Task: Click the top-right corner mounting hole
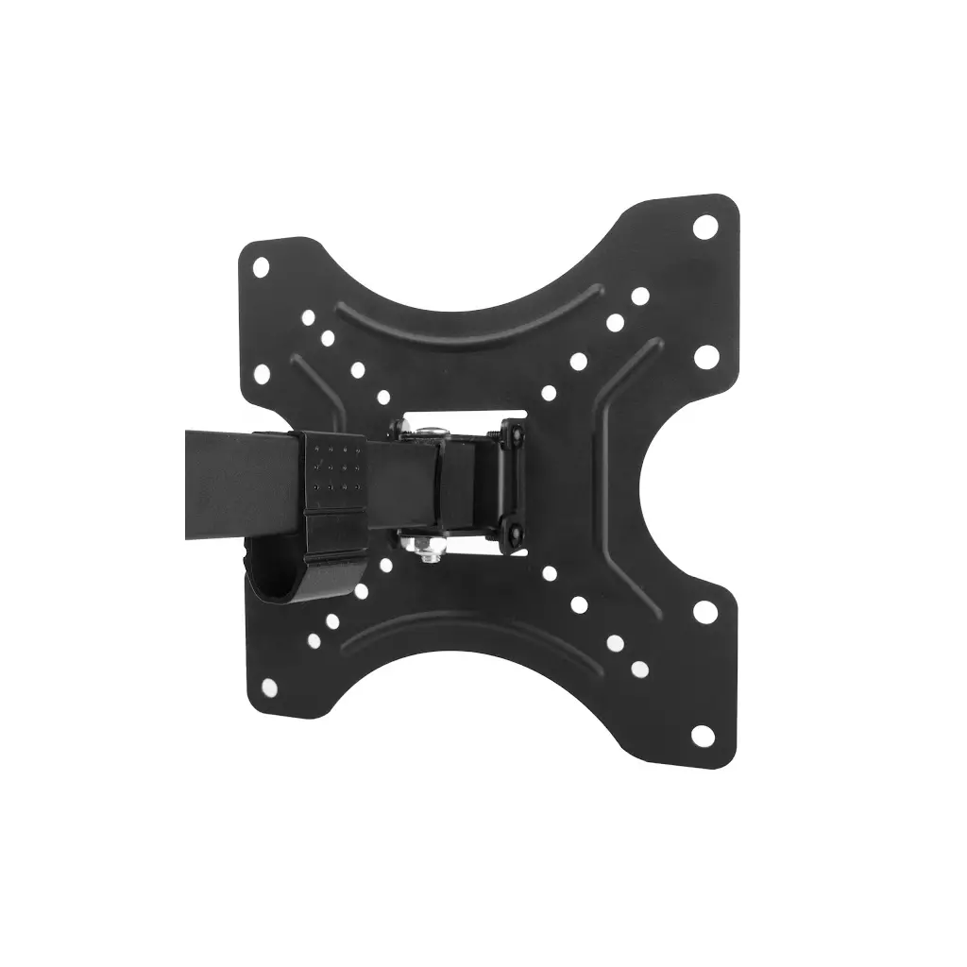click(x=704, y=227)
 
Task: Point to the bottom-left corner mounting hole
click(x=267, y=686)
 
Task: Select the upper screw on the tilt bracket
click(x=516, y=434)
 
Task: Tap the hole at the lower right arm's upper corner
click(x=703, y=611)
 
